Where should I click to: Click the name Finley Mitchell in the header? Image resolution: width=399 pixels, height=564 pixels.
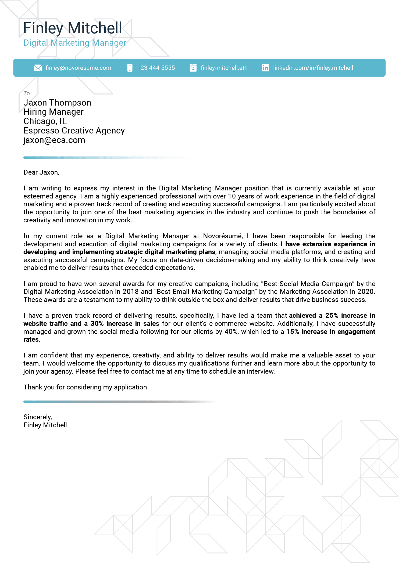73,28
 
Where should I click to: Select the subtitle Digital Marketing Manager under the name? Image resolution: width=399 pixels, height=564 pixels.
75,43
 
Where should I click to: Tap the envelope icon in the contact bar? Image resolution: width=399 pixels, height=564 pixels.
38,68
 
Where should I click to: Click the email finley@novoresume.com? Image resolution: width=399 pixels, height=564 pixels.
78,68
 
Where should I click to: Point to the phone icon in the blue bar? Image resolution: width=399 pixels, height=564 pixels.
130,68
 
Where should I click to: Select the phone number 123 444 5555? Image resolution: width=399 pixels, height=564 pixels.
156,68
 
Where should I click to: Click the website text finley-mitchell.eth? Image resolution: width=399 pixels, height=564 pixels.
224,68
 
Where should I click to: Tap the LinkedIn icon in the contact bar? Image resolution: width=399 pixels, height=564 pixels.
265,68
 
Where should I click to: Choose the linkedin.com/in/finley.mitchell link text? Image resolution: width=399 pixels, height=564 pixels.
313,68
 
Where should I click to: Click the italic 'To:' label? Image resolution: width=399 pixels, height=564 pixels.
27,93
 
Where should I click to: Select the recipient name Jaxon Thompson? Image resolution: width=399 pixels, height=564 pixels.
57,103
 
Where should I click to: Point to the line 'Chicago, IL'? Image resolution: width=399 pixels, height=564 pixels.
45,121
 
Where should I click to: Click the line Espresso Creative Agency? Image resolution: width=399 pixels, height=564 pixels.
74,131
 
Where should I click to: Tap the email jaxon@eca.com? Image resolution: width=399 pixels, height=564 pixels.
54,140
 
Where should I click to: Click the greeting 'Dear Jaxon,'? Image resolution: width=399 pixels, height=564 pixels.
41,172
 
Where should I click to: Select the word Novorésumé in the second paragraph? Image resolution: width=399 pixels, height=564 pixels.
223,236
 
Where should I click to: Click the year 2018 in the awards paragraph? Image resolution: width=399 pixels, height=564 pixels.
130,292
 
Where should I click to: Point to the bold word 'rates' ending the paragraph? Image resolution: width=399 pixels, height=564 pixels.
31,339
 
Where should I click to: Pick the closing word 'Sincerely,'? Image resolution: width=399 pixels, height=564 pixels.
38,417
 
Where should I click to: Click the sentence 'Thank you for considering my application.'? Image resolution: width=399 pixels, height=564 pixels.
86,387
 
